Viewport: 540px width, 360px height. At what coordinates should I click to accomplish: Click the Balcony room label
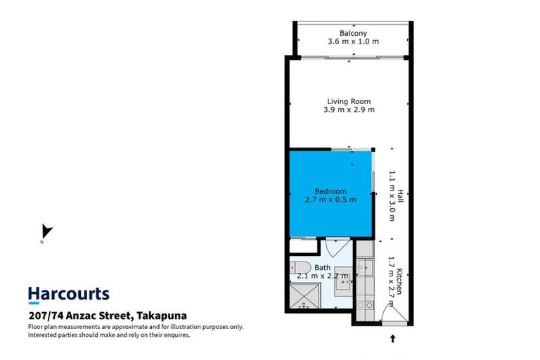point(353,33)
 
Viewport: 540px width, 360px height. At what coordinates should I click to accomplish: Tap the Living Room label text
point(349,101)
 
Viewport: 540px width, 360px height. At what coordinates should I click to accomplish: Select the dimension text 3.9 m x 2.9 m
point(349,110)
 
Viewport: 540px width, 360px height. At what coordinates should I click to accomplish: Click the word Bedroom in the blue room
point(330,191)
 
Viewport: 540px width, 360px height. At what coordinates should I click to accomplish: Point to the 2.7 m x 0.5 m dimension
point(330,200)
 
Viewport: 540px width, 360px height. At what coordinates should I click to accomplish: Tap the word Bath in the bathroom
point(323,267)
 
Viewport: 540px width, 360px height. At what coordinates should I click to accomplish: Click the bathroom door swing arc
point(336,247)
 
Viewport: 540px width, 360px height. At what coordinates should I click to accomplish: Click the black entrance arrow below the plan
point(392,339)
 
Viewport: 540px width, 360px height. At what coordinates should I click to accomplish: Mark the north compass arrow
point(46,231)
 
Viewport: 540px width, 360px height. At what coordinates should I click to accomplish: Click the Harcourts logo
point(69,294)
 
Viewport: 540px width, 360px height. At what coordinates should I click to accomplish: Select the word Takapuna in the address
point(162,315)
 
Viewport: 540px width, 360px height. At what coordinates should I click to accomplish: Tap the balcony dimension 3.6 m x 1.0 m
point(353,41)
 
